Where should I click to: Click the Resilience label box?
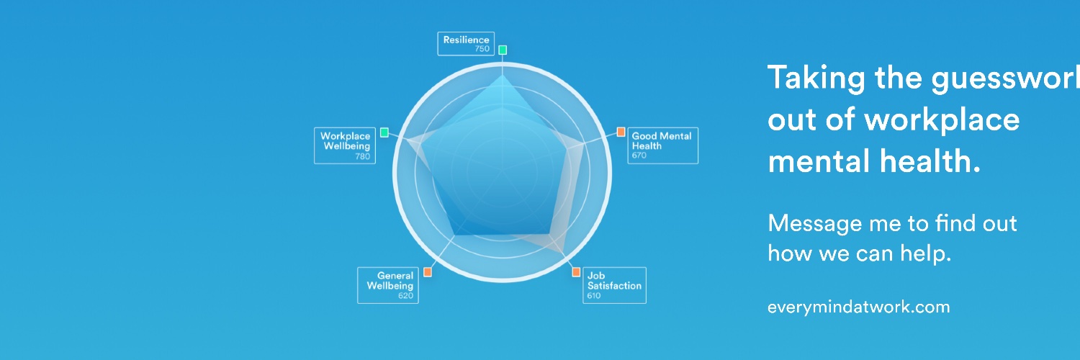coord(466,44)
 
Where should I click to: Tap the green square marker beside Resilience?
coord(503,50)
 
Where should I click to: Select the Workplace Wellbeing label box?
coord(345,145)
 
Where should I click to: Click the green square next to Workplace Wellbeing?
coord(384,132)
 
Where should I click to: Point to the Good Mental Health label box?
coord(662,145)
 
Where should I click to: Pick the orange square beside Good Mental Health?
coord(621,132)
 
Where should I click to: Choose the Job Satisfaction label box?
coord(614,285)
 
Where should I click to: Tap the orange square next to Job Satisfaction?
coord(576,272)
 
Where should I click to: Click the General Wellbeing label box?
coord(387,285)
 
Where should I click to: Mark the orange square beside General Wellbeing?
coord(428,272)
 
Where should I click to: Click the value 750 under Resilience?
coord(482,49)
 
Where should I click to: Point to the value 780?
coord(363,156)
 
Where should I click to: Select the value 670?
coord(639,156)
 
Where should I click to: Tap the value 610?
coord(594,295)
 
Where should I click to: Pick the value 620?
coord(405,295)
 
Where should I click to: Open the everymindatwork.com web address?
coord(859,307)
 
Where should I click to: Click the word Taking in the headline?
coord(816,78)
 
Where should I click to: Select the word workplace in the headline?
coord(942,120)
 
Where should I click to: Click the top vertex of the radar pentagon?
coord(503,75)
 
